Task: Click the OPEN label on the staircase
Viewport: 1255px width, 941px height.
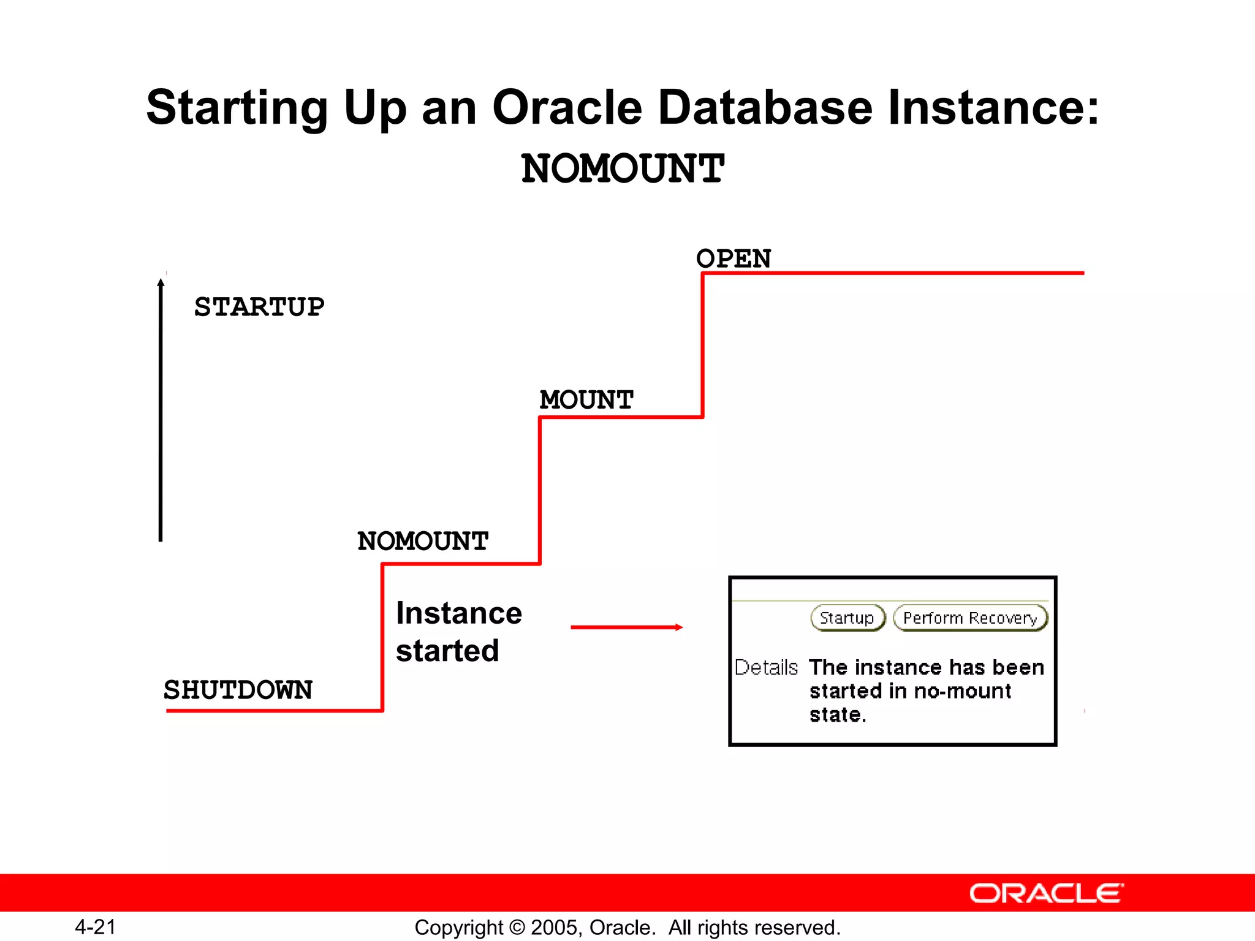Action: tap(733, 259)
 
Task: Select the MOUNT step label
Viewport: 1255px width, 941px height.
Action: tap(586, 400)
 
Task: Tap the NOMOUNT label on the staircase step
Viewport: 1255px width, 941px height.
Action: tap(423, 541)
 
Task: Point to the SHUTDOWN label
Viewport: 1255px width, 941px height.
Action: tap(238, 690)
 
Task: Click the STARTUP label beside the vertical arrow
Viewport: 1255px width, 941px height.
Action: tap(259, 307)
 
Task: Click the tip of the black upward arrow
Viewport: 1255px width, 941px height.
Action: tap(161, 281)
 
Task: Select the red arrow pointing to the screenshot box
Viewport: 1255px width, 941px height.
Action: tap(626, 627)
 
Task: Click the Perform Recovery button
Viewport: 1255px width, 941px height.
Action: tap(969, 618)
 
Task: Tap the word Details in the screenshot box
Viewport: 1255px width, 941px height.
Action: tap(766, 667)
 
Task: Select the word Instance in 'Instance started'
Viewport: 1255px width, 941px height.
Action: tap(459, 613)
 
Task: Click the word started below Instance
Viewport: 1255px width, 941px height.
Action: tap(447, 651)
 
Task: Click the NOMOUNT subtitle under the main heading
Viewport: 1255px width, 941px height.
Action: tap(623, 169)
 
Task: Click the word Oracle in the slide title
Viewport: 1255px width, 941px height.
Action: tap(567, 107)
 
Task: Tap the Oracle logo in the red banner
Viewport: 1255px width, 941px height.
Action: tap(1046, 893)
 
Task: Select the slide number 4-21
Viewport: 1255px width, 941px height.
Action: tap(96, 927)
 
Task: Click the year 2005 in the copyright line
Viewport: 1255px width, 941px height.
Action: tap(553, 928)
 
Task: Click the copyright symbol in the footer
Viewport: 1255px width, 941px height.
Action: tap(517, 928)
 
